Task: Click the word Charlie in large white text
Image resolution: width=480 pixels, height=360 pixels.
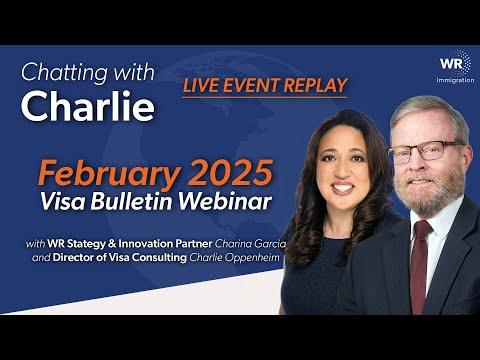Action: pos(88,105)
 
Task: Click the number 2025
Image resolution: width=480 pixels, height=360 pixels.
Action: pos(229,172)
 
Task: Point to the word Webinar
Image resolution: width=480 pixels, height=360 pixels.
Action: pos(226,201)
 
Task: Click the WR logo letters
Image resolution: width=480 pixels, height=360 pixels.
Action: pos(451,63)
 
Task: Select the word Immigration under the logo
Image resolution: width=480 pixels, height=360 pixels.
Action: pos(455,80)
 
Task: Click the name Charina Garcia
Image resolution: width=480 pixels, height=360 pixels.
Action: pos(250,244)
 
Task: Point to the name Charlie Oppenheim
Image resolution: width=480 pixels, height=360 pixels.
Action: pos(234,257)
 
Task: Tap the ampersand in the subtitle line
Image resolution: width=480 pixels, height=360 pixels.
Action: pos(112,244)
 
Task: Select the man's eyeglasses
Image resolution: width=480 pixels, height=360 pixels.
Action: pos(425,151)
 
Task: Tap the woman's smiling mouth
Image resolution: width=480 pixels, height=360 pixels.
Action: pos(342,187)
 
